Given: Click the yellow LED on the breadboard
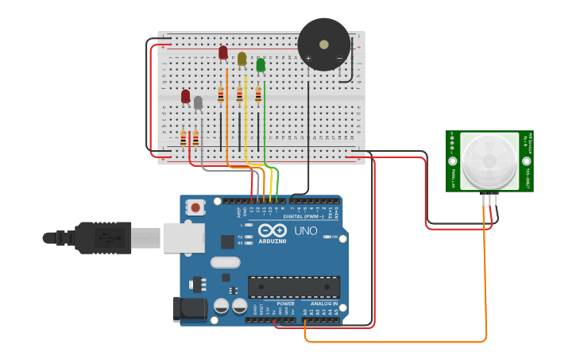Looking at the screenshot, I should pos(242,58).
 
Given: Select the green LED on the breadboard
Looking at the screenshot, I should pos(261,64).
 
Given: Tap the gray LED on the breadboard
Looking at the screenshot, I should pos(198,102).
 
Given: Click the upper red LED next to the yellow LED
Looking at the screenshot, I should pos(223,52).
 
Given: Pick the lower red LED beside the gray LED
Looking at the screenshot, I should pos(185,96).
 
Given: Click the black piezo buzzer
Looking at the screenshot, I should pos(324,44).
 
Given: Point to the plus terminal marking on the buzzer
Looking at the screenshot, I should pos(308,58).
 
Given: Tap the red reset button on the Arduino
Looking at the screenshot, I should pos(195,207).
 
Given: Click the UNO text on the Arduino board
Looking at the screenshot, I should pos(306,231).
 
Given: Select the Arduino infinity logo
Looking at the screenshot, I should pos(273,229).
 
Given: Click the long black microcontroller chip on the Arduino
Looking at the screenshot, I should pos(294,287).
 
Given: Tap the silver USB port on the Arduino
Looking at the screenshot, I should pos(184,237).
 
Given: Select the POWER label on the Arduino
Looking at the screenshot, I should pos(285,304).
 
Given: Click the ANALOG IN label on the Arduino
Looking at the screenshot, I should pos(323,304).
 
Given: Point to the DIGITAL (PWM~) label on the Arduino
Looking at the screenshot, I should pos(302,216).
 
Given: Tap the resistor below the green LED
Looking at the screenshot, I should pos(258,95).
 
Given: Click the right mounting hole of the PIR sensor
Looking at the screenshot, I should pos(526,161).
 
